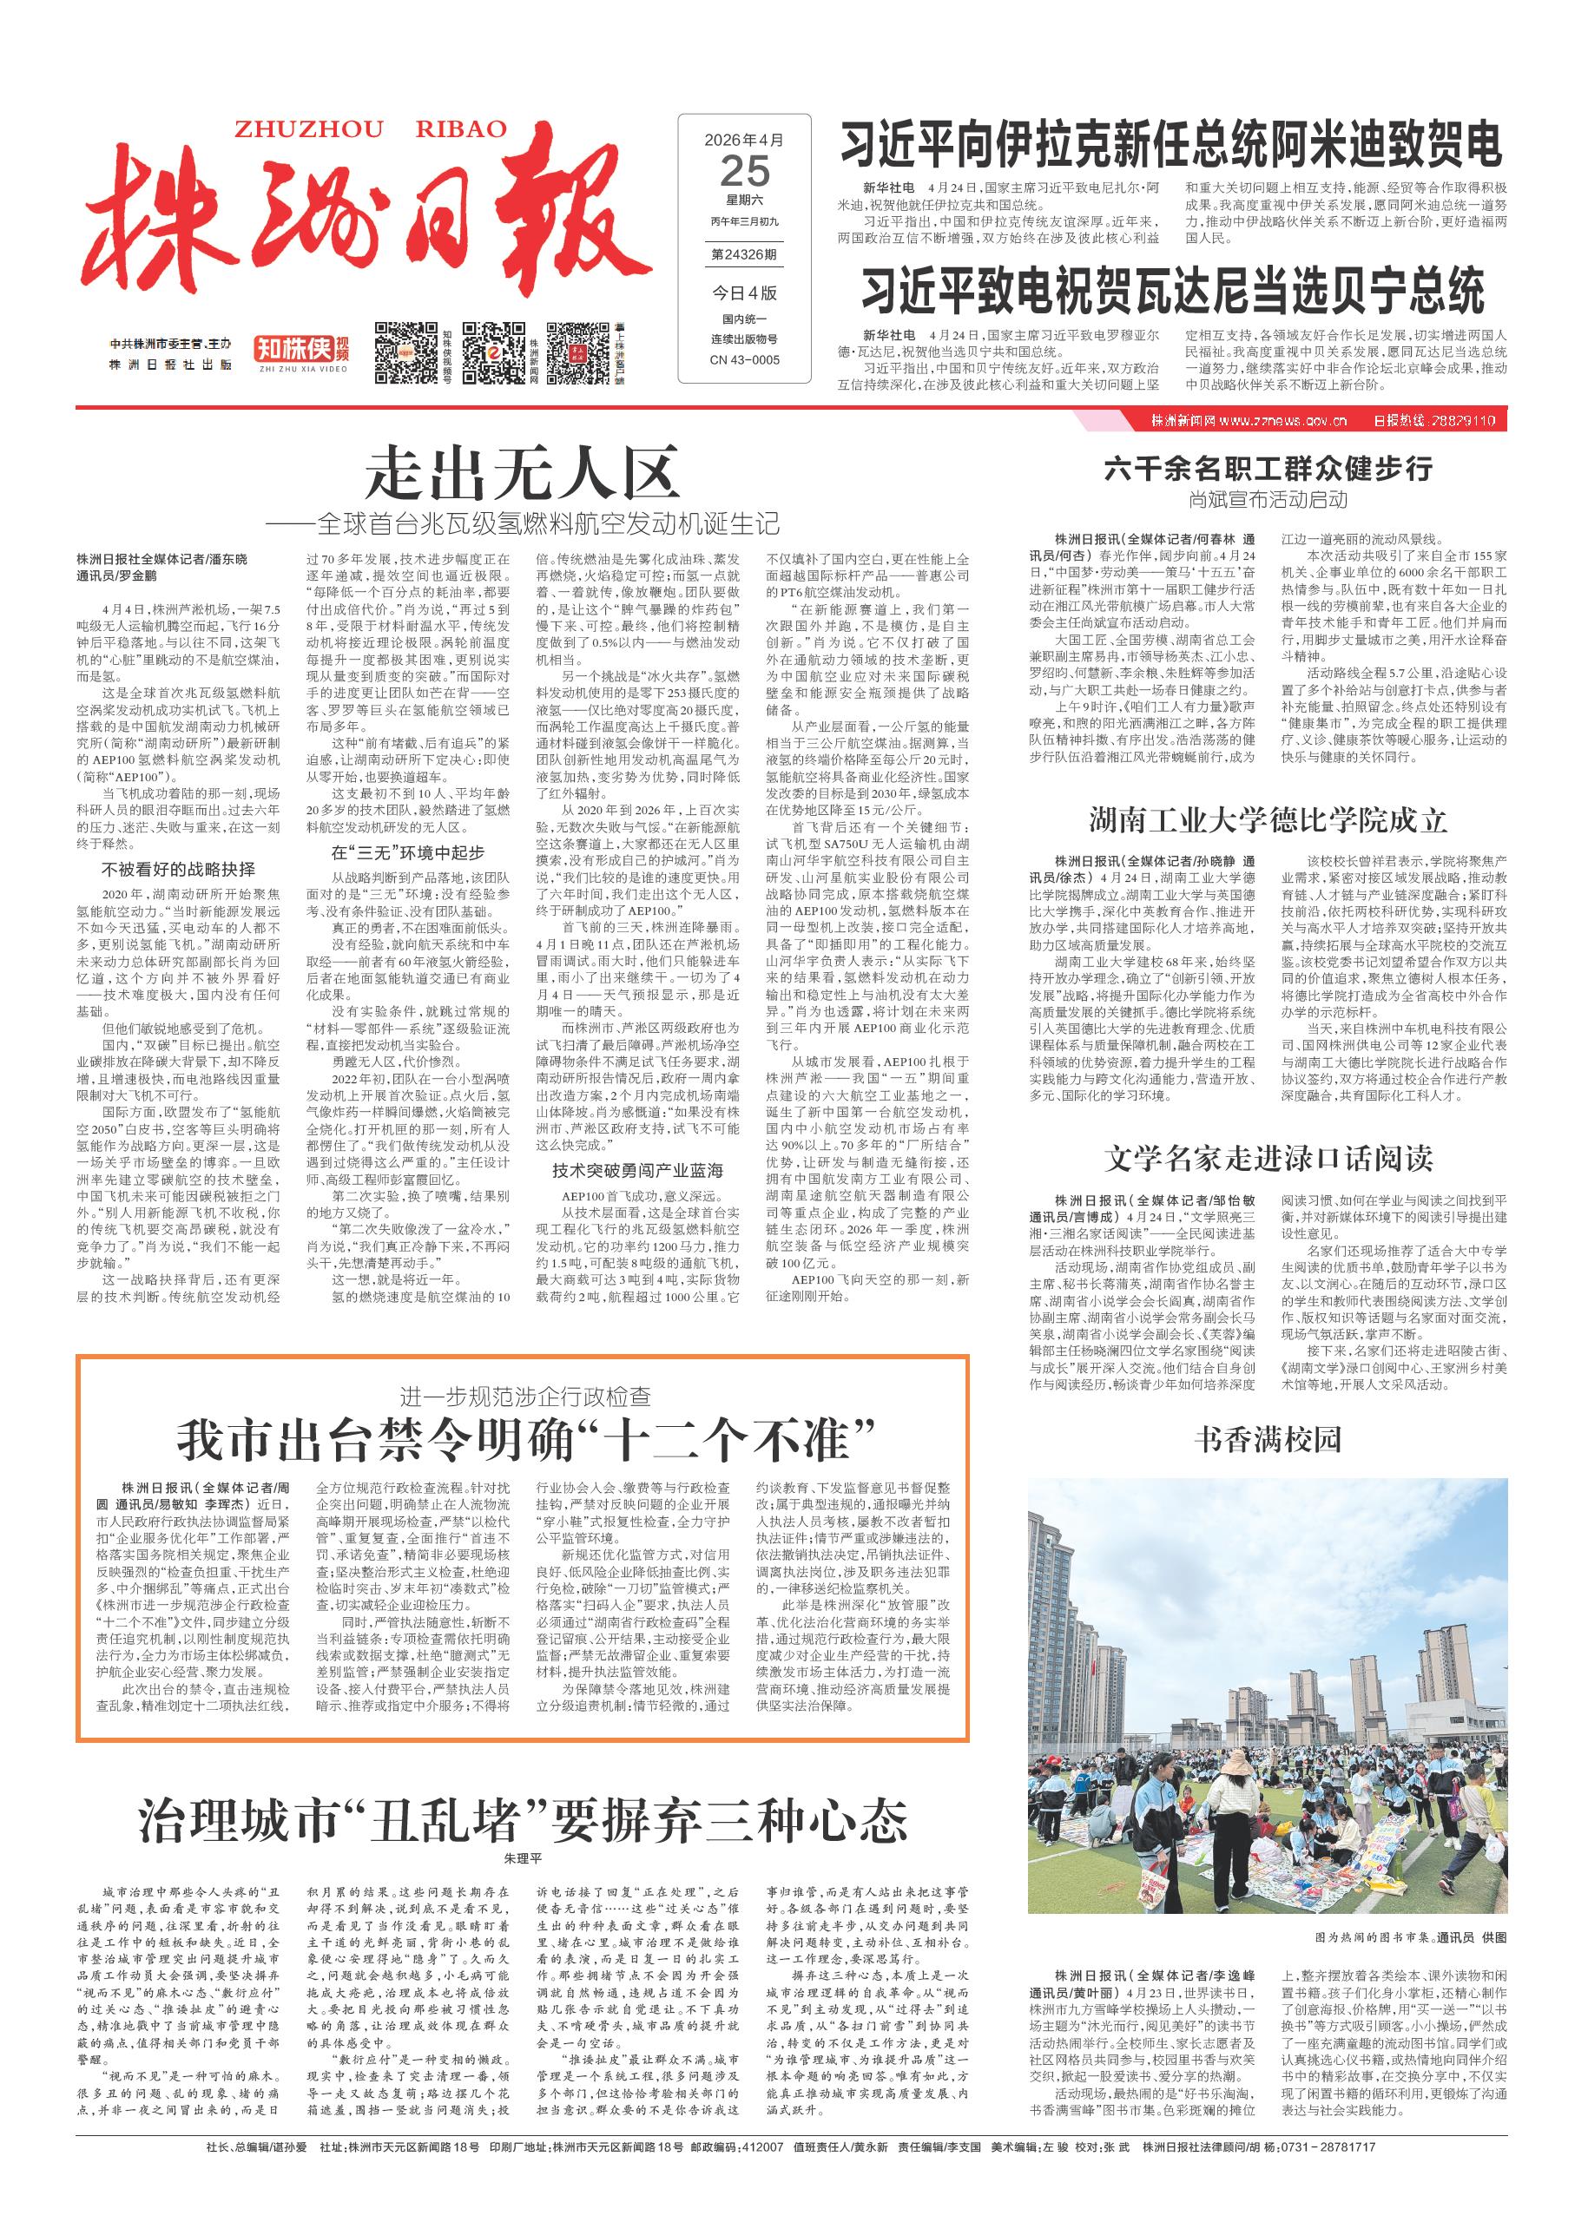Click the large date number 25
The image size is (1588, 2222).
744,172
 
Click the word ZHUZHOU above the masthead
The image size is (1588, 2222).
280,130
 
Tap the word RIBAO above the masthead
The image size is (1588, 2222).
462,130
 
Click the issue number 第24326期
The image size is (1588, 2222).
744,255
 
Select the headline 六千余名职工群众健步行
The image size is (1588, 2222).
1268,470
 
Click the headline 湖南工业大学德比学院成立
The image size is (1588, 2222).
1268,819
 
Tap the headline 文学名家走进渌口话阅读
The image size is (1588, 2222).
1268,1159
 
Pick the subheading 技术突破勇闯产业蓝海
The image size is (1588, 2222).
636,1170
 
